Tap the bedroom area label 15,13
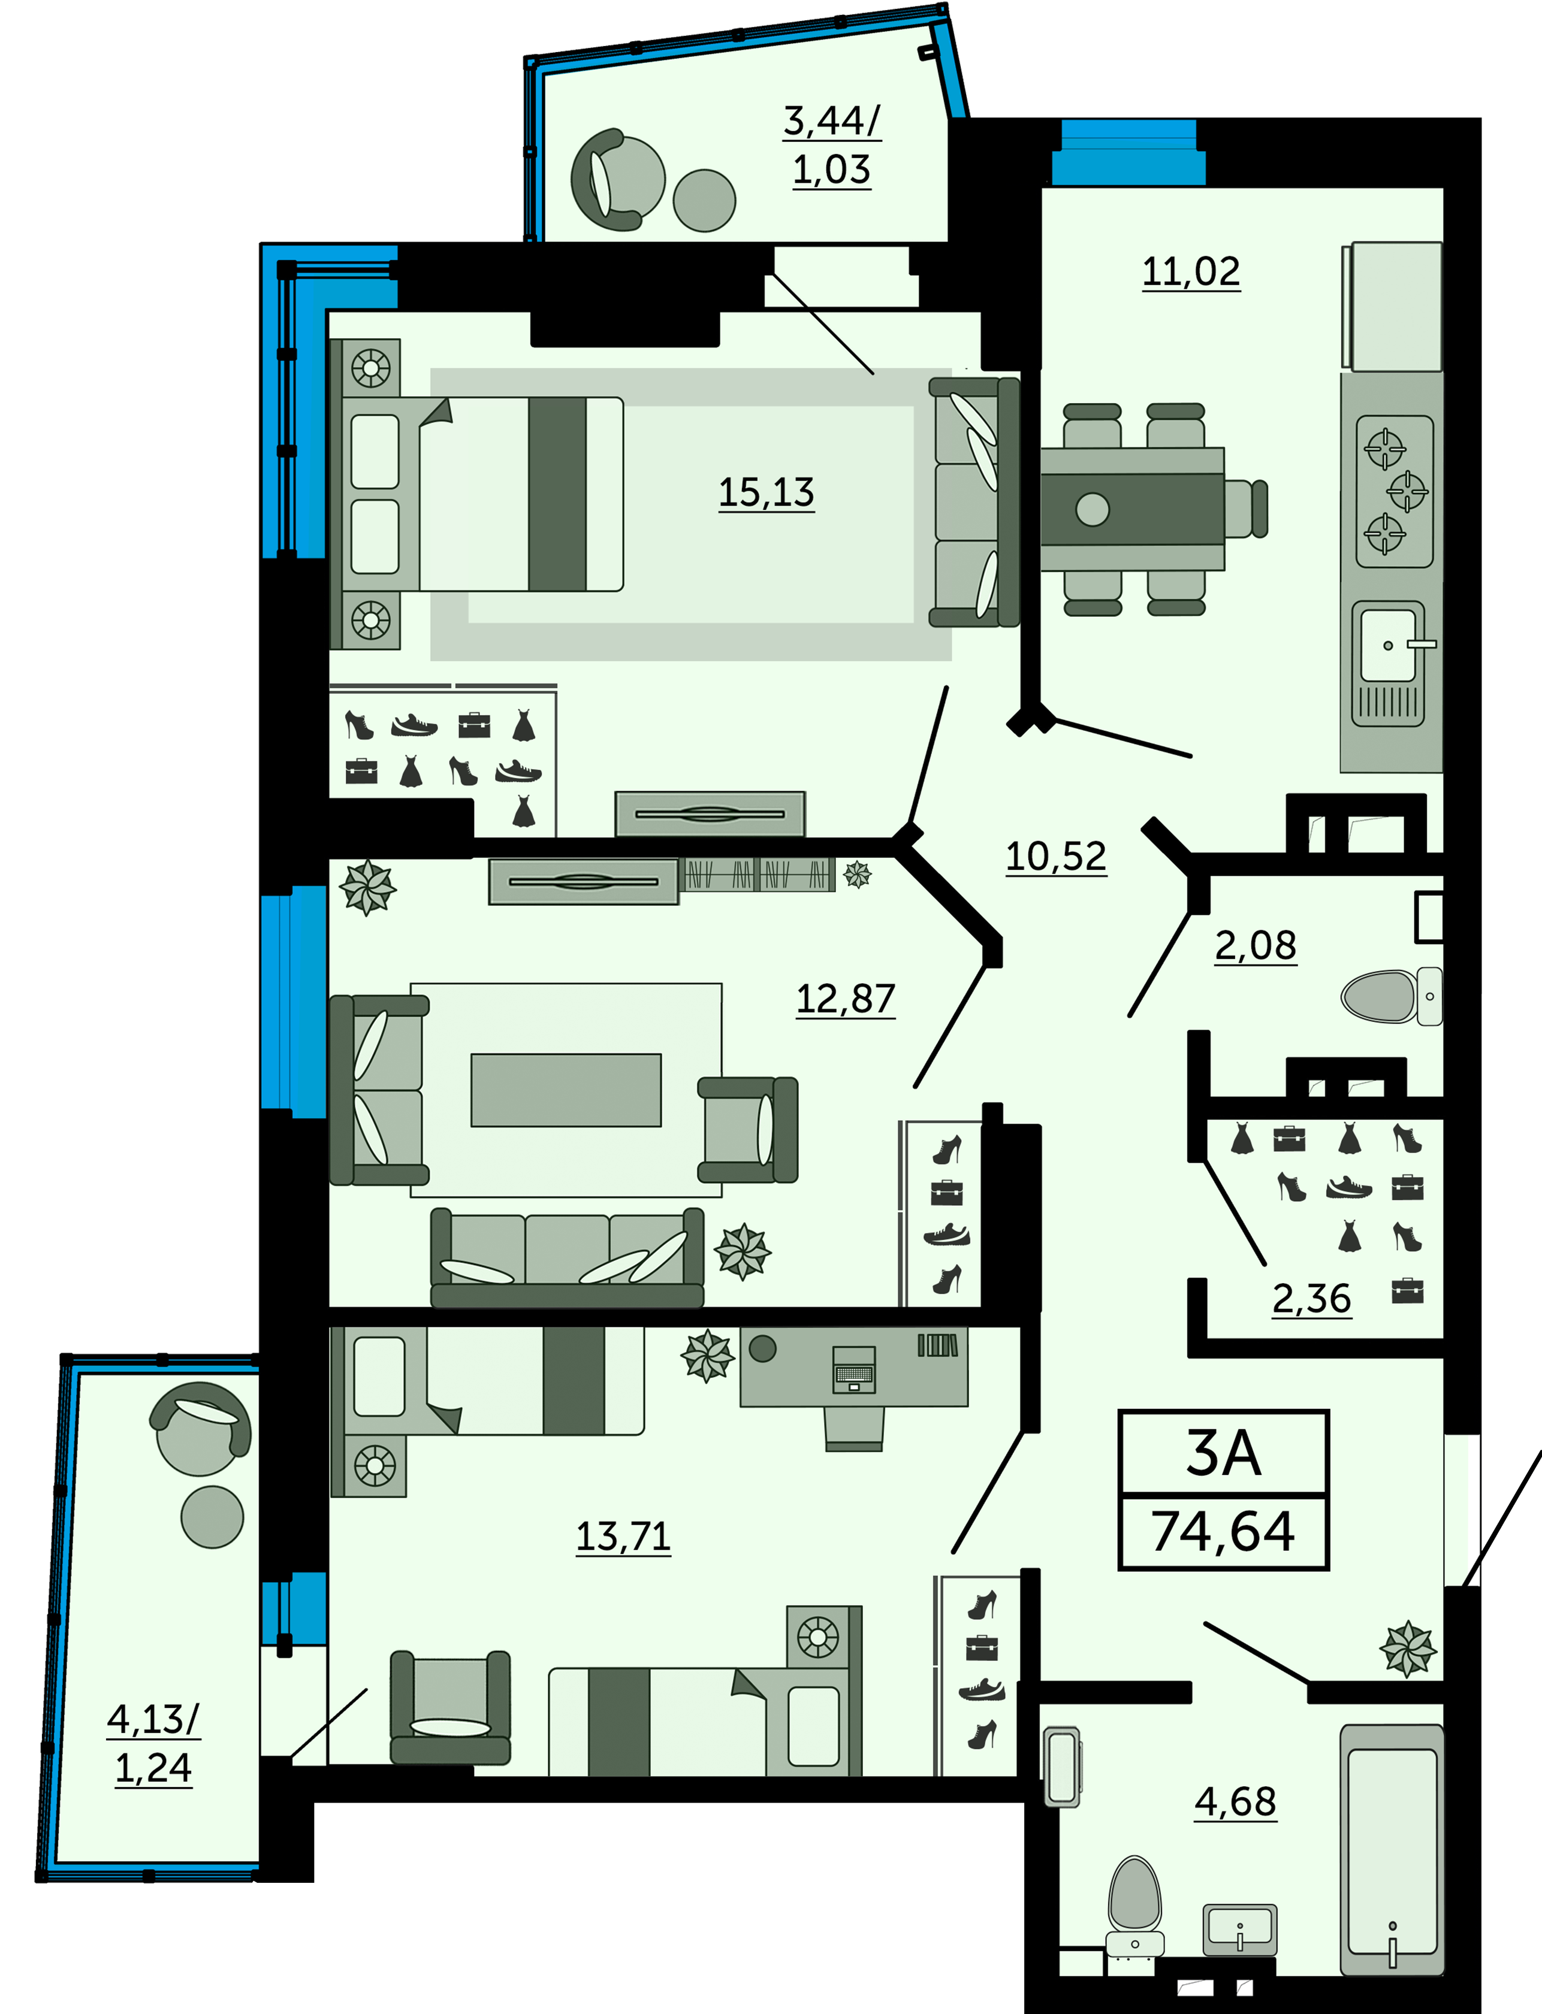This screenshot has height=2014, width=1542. click(x=767, y=493)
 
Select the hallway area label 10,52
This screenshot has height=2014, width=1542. click(x=1057, y=857)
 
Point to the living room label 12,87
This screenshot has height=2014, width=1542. click(x=846, y=999)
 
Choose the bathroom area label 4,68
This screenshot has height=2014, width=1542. click(x=1235, y=1802)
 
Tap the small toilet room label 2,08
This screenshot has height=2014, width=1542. click(x=1256, y=945)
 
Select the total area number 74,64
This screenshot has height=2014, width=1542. click(x=1224, y=1531)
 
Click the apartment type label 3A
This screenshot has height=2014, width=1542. click(x=1224, y=1453)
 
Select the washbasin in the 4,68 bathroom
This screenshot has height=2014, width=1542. click(x=1240, y=1930)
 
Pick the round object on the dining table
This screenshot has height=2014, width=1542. click(x=1093, y=509)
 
